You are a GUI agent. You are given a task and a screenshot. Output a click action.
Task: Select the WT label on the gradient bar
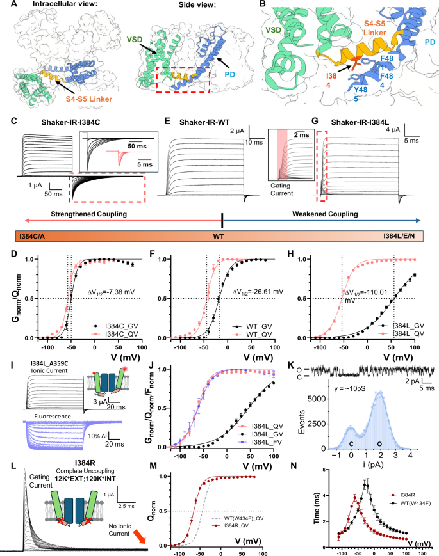point(222,237)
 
